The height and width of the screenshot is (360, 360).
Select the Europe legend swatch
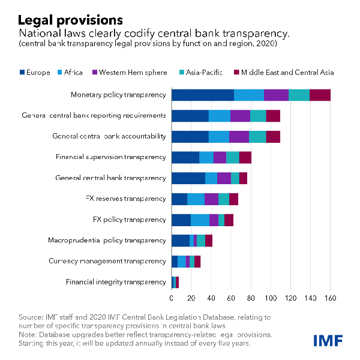(22, 73)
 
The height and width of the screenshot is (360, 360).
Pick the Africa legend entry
(69, 73)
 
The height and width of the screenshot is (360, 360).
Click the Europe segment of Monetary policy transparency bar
(202, 95)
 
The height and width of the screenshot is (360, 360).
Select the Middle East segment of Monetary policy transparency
(320, 95)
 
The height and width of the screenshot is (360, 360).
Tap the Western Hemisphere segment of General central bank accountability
(239, 136)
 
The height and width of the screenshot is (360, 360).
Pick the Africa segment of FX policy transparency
(200, 220)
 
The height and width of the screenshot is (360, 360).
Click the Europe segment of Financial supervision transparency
(185, 157)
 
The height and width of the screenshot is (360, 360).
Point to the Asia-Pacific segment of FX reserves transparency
(223, 199)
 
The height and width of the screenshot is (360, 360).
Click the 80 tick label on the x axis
(251, 298)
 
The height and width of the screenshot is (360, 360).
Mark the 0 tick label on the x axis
(172, 298)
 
